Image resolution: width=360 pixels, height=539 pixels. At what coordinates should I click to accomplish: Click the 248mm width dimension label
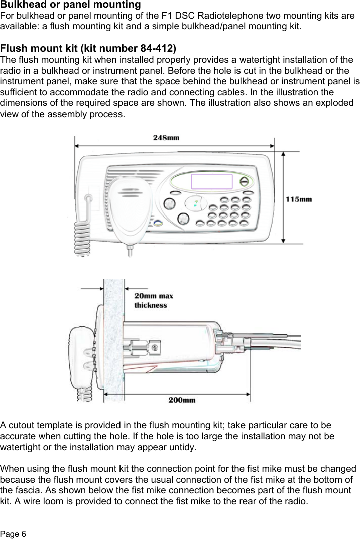pyautogui.click(x=166, y=137)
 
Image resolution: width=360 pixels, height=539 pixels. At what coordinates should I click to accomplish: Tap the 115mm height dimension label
pyautogui.click(x=299, y=199)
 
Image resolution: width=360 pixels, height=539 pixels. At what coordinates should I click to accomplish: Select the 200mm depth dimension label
pyautogui.click(x=182, y=400)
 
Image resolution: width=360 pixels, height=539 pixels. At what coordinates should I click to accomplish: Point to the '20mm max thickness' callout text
pyautogui.click(x=153, y=300)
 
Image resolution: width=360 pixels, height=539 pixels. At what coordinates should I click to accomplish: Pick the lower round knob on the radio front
pyautogui.click(x=183, y=219)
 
